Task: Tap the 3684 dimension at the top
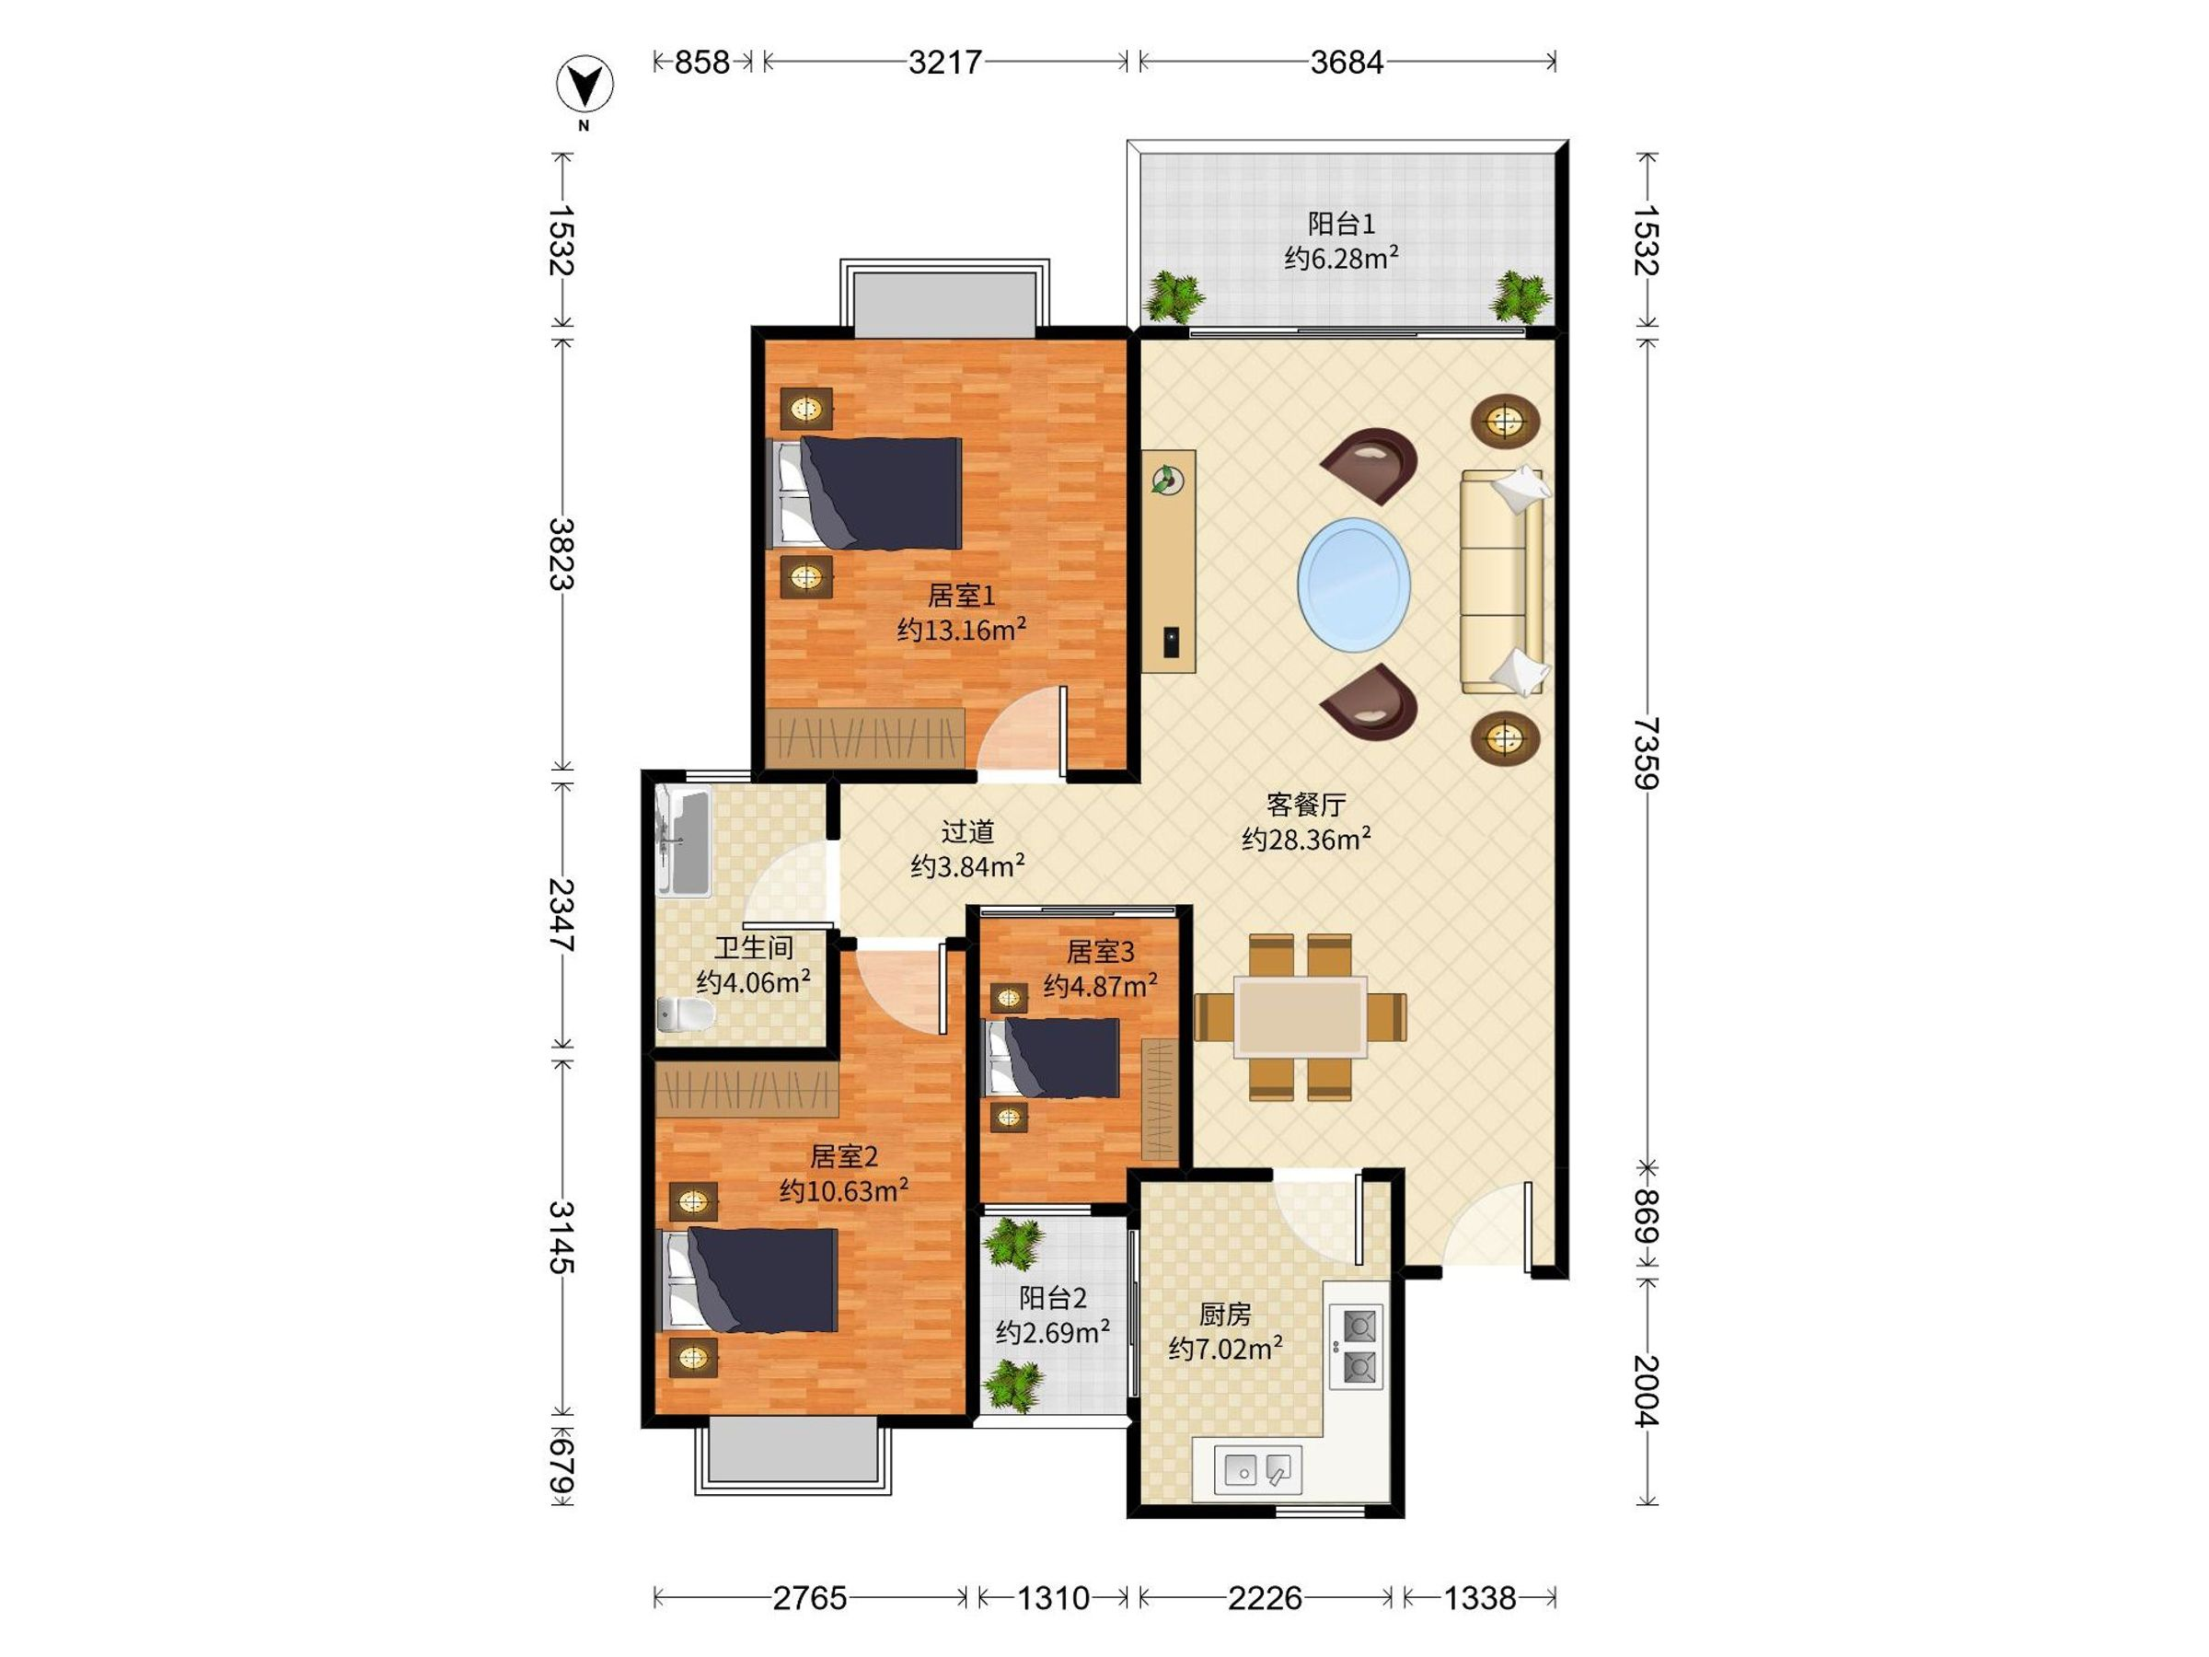pos(1347,63)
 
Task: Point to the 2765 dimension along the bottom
pos(810,1599)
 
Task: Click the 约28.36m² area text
pos(1306,839)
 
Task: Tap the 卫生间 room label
pos(753,947)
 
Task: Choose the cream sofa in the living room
pos(1502,580)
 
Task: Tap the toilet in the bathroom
pos(686,1014)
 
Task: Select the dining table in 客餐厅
pos(1301,1017)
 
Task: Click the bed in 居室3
pos(1053,1058)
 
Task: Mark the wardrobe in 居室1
pos(866,738)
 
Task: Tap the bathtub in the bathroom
pos(683,842)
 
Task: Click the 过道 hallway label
pos(967,831)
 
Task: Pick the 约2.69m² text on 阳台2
pos(1054,1332)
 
